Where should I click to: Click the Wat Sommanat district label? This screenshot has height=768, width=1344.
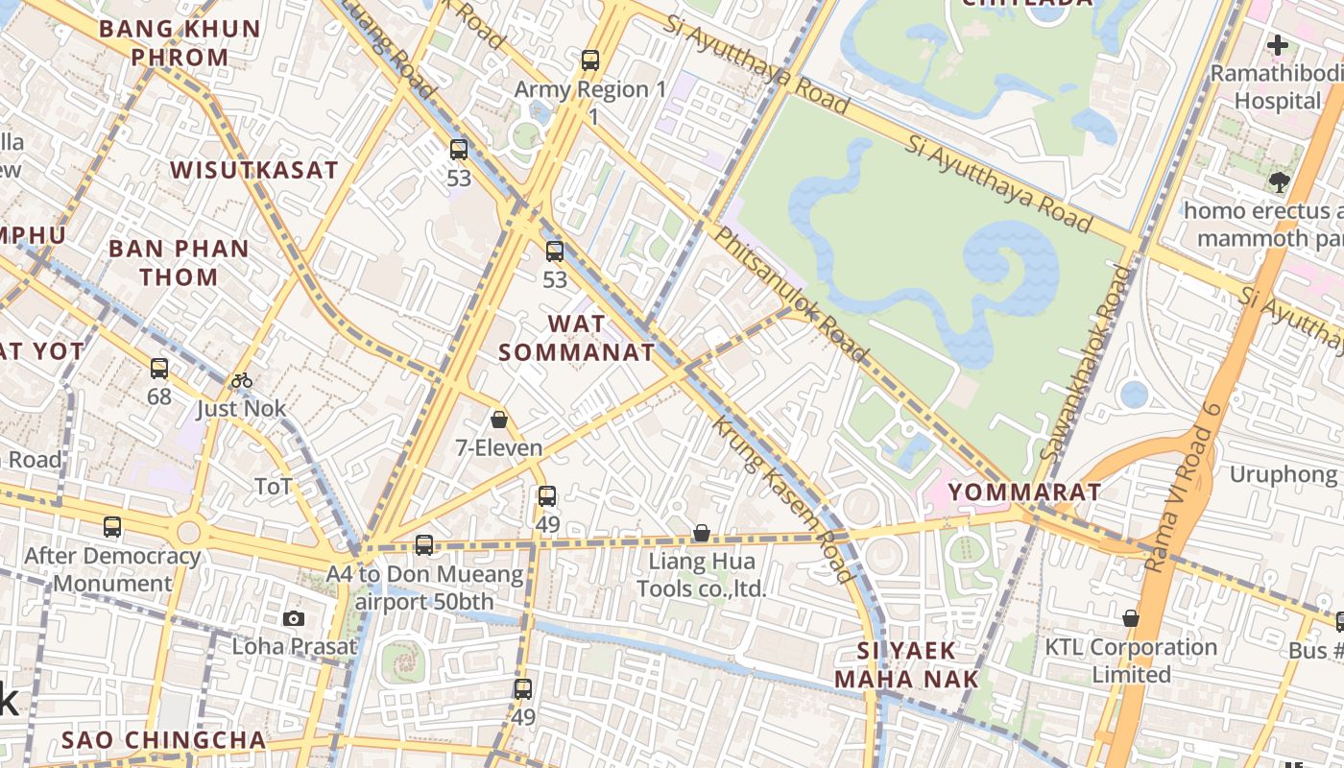[576, 337]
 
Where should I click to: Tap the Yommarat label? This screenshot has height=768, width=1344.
[1024, 492]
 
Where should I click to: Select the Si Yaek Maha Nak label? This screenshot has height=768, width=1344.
[906, 664]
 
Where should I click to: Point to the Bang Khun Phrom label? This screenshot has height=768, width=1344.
[180, 43]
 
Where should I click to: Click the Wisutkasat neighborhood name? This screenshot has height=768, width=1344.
[254, 171]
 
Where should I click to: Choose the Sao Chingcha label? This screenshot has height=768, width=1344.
[164, 740]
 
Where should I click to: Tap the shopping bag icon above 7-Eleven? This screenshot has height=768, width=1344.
[499, 420]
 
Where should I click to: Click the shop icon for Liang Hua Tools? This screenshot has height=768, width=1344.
[702, 533]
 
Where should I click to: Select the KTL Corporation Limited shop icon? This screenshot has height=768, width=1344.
[1131, 618]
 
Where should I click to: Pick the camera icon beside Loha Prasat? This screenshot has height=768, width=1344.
[294, 618]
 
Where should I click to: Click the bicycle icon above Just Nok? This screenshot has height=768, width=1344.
[241, 380]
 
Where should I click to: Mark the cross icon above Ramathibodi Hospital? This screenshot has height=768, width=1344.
[1277, 44]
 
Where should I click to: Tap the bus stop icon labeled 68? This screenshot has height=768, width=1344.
[159, 368]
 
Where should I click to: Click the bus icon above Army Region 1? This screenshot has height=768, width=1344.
[590, 60]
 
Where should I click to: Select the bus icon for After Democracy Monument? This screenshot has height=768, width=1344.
[112, 526]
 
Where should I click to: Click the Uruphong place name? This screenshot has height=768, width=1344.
[1283, 474]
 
